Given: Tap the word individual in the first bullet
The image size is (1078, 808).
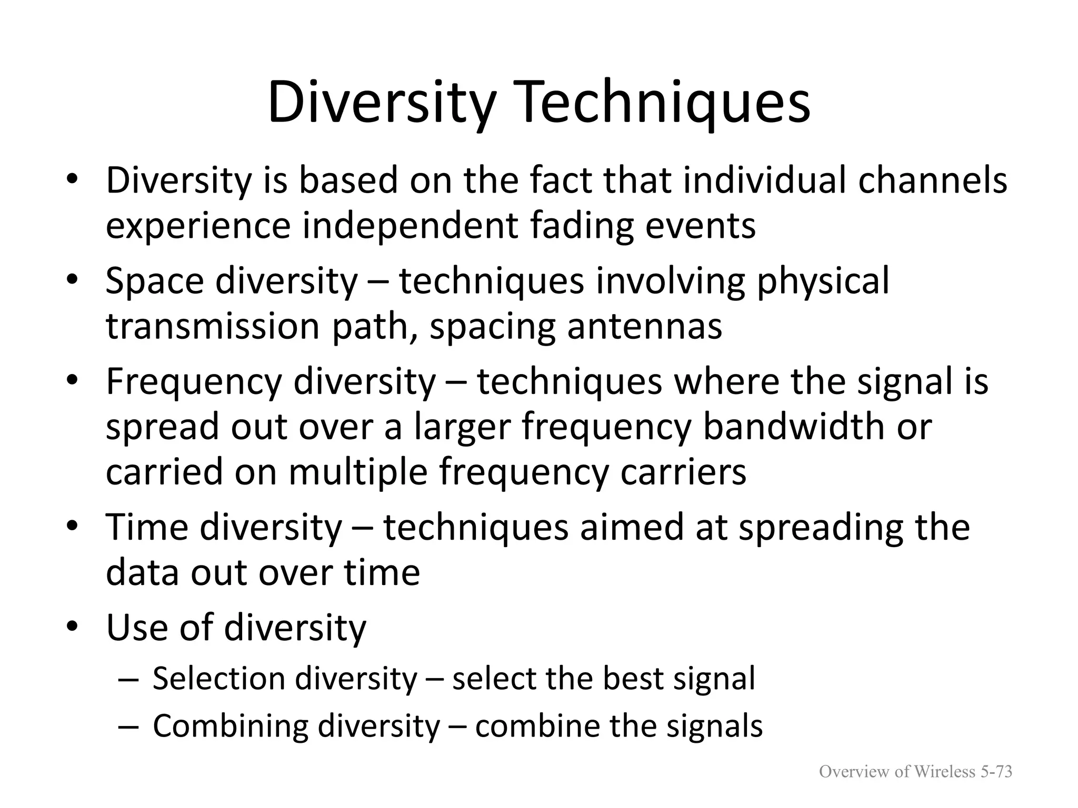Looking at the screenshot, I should tap(765, 180).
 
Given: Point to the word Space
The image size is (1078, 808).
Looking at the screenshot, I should tap(154, 281).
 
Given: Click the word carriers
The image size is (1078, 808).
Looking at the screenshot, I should tap(683, 472).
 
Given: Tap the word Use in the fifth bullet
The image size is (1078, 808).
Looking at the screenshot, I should tap(136, 628).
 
